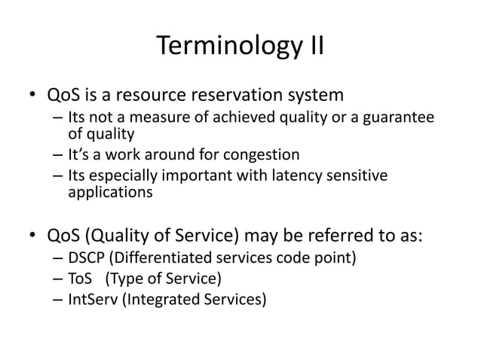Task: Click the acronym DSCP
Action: [x=85, y=260]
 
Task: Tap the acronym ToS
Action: [x=79, y=279]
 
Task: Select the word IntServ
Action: [x=92, y=300]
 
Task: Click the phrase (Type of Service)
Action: [x=164, y=279]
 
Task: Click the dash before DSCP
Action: [x=58, y=261]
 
